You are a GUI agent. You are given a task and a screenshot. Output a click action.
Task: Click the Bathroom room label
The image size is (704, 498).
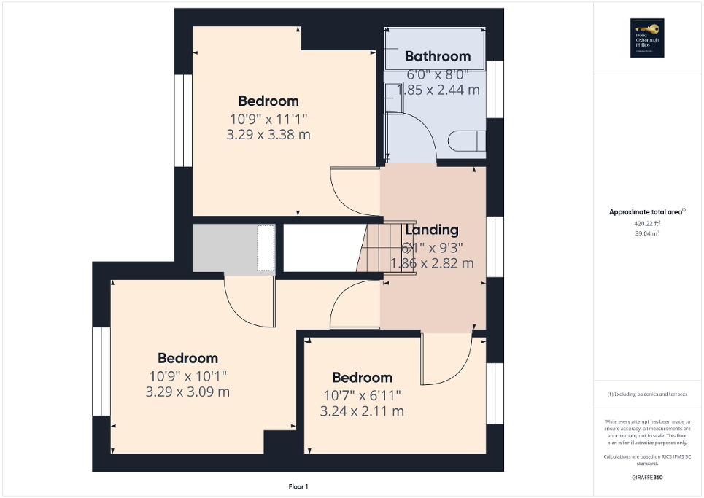pyautogui.click(x=438, y=56)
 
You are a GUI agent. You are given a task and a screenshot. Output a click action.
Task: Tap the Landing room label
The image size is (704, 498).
pyautogui.click(x=433, y=230)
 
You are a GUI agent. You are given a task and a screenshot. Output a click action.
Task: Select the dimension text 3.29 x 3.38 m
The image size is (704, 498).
pyautogui.click(x=268, y=134)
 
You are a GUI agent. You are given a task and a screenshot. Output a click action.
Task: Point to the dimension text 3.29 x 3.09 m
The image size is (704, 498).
pyautogui.click(x=187, y=392)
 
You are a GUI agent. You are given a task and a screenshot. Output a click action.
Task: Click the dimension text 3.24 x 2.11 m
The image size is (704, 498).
pyautogui.click(x=362, y=411)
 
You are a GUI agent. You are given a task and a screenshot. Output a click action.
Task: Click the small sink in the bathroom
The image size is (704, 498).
pyautogui.click(x=393, y=97)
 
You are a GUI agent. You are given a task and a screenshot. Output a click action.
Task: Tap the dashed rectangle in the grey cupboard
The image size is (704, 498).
pyautogui.click(x=266, y=248)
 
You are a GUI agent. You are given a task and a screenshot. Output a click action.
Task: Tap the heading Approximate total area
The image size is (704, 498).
pyautogui.click(x=647, y=212)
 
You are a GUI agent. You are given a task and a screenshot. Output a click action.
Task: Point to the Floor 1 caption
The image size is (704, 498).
pyautogui.click(x=298, y=486)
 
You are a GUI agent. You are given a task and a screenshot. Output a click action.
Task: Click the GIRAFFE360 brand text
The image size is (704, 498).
pyautogui.click(x=647, y=478)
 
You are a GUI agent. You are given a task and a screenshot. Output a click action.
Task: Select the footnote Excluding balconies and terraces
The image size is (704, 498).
pyautogui.click(x=647, y=394)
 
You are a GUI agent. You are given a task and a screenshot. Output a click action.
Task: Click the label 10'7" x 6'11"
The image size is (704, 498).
pyautogui.click(x=362, y=395)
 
